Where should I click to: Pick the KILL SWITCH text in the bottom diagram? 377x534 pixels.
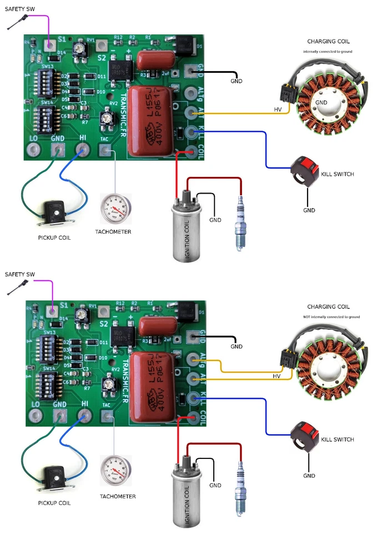click(x=337, y=439)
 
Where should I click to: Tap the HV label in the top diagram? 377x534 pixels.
click(x=278, y=110)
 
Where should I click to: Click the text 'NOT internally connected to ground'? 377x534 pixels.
click(x=331, y=317)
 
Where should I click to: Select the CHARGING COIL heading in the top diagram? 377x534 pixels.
click(x=329, y=41)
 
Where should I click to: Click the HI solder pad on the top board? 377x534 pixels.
click(x=84, y=149)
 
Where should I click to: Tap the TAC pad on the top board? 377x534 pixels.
click(x=105, y=149)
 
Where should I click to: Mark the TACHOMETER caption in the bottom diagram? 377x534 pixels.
click(x=118, y=496)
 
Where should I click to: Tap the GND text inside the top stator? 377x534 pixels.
click(x=321, y=103)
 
